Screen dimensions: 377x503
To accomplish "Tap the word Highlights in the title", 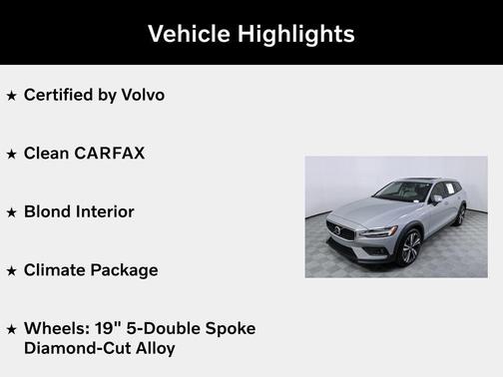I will click(x=295, y=33).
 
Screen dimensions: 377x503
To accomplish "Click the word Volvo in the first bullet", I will click(x=144, y=95).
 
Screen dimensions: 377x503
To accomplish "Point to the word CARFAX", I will click(x=110, y=154).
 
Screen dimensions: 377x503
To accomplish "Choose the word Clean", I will click(x=46, y=154).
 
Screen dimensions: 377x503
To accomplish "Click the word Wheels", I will click(x=54, y=328).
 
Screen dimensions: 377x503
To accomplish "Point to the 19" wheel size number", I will click(x=103, y=328).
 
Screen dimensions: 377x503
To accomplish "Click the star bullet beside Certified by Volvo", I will click(x=11, y=96).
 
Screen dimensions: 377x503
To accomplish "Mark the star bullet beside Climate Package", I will click(x=11, y=270).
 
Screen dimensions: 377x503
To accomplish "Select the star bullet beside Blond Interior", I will click(x=11, y=212).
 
